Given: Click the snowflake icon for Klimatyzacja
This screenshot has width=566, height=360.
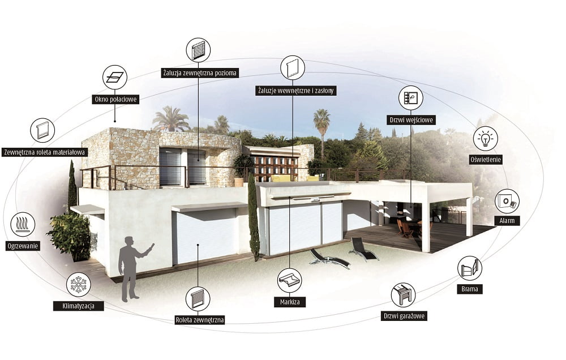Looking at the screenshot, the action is click(78, 285).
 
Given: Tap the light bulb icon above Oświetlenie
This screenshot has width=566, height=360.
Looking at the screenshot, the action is click(486, 138).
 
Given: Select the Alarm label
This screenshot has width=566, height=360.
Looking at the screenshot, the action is click(507, 221).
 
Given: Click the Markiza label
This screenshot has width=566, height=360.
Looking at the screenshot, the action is click(289, 302).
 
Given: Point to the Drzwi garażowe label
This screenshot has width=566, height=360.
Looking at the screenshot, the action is click(404, 316).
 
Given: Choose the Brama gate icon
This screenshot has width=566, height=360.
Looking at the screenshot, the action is click(470, 268).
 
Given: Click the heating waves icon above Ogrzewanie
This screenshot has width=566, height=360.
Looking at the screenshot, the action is click(23, 224).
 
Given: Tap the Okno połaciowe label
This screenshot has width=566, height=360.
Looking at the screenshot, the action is click(115, 99).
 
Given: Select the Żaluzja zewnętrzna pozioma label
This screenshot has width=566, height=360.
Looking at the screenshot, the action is click(199, 73).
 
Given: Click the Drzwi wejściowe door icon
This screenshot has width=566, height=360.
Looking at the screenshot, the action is click(411, 98).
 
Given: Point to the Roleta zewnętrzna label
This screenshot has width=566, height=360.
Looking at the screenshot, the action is click(200, 320).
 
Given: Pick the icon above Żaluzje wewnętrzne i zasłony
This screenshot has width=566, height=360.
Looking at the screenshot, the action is click(293, 67).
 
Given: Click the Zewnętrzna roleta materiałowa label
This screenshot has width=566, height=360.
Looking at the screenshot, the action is click(44, 152).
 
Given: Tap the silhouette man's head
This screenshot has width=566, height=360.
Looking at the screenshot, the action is click(129, 241).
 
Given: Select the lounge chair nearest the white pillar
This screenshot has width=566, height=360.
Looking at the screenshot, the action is click(363, 250).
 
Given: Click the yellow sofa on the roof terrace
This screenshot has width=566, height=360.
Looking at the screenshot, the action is click(281, 178).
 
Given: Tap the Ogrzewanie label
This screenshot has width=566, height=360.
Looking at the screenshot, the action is click(23, 246).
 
